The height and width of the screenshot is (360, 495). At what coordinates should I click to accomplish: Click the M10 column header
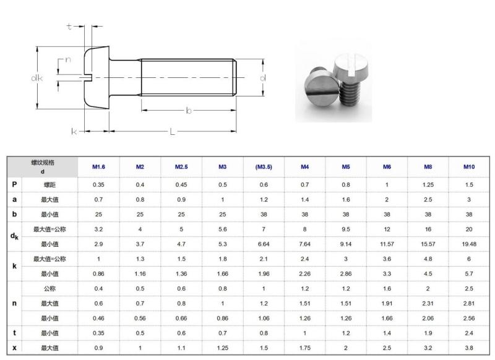tap(470, 167)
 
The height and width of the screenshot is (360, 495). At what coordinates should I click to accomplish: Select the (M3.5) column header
tap(264, 167)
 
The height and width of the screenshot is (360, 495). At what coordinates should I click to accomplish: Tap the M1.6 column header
tap(98, 167)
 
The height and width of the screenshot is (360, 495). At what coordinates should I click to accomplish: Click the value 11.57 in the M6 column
tap(387, 244)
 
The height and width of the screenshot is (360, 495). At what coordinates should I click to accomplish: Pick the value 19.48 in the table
tap(470, 244)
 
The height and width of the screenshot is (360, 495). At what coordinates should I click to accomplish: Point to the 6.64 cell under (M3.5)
tap(264, 244)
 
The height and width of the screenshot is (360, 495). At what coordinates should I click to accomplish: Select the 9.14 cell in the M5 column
tap(346, 244)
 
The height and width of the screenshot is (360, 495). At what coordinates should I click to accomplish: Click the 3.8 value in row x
tap(470, 348)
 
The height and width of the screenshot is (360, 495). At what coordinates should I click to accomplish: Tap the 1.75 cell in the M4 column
tap(304, 348)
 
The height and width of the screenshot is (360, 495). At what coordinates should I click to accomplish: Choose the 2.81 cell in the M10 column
tap(470, 303)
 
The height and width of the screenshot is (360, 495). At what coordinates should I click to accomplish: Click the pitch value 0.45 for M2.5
tap(181, 184)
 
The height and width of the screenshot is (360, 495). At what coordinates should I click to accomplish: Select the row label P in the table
tap(14, 184)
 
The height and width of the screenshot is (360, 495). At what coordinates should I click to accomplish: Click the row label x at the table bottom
tap(14, 348)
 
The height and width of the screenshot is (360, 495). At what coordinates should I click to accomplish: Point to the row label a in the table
tap(14, 199)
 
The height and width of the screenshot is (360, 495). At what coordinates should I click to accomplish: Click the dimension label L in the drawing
tap(173, 131)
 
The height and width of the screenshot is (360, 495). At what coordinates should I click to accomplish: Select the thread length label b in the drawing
tap(189, 110)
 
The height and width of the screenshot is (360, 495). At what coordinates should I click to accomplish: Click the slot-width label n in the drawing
tap(67, 60)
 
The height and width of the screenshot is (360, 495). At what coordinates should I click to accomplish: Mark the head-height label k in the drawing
tap(74, 131)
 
